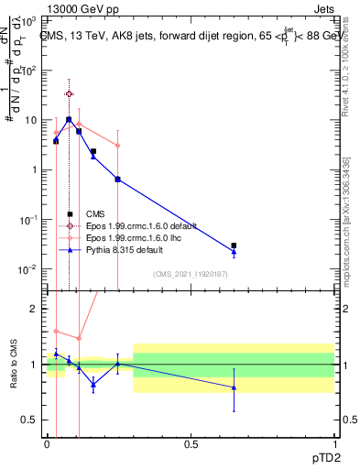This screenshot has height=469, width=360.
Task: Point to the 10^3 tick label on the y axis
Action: [x=31, y=20]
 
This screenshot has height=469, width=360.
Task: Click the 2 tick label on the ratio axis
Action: [x=35, y=309]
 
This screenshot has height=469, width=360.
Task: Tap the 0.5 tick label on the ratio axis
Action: [x=31, y=420]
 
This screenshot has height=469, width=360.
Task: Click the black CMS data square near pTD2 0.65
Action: [x=234, y=245]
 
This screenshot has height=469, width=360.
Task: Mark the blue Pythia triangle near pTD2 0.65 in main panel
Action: [x=234, y=252]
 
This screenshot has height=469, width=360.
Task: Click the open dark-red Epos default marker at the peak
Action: [x=69, y=93]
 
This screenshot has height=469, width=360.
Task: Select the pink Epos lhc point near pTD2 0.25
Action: [x=118, y=145]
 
